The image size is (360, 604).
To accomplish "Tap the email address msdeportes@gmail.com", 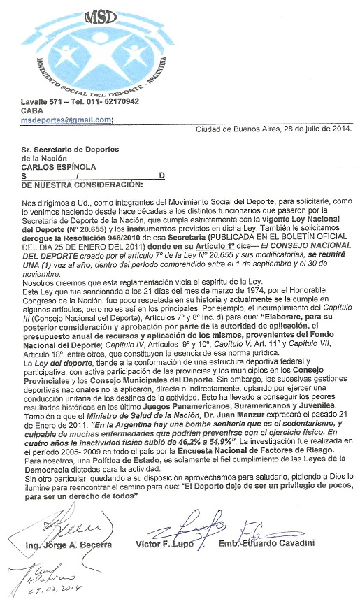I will click(x=66, y=120).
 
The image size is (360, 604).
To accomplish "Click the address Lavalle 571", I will click(x=43, y=101).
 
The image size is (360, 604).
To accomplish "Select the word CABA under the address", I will click(x=32, y=110).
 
